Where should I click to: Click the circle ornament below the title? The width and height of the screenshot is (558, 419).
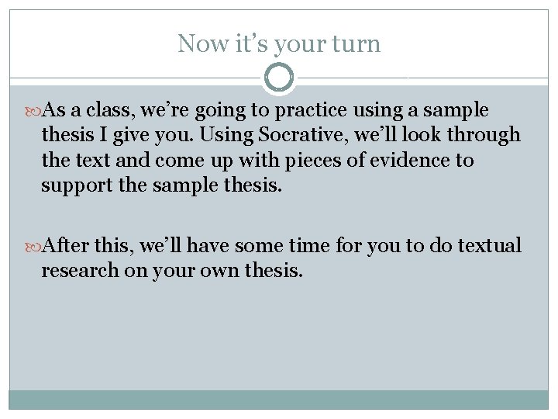point(279,78)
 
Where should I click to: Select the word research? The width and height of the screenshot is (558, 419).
point(80,272)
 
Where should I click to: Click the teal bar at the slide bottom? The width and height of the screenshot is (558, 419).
point(279,399)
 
